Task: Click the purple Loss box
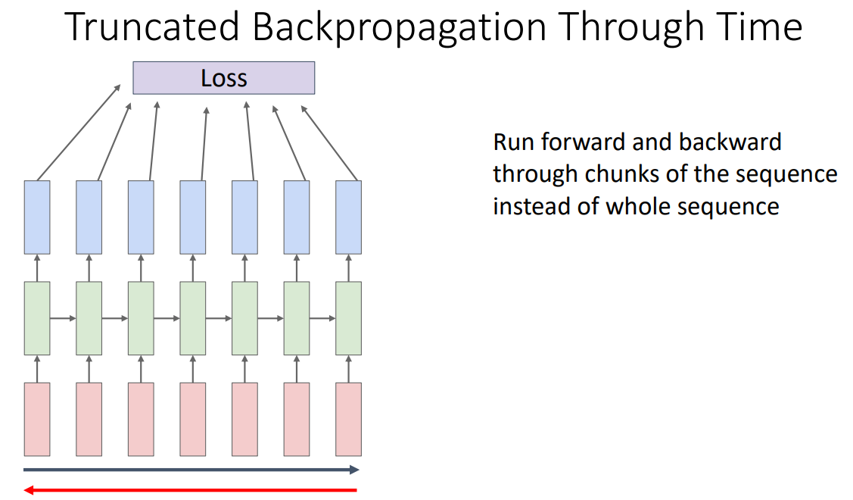[223, 78]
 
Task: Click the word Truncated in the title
[151, 28]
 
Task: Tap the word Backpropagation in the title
[400, 28]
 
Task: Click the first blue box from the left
[37, 217]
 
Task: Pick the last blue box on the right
[348, 217]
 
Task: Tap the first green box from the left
[37, 318]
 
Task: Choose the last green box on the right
[348, 318]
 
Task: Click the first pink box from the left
[37, 419]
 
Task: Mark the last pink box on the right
[348, 419]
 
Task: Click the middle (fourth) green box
[192, 318]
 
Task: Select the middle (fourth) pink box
[192, 419]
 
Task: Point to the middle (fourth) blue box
[192, 217]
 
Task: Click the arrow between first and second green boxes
[63, 318]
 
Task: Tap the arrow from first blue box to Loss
[79, 133]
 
